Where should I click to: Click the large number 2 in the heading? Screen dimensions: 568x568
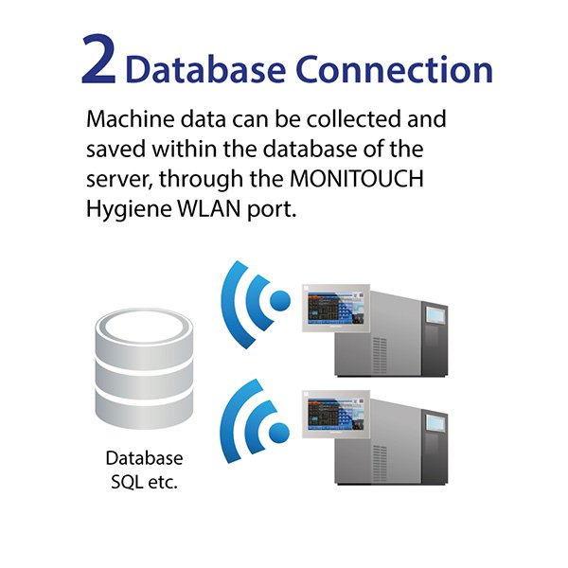click(x=98, y=60)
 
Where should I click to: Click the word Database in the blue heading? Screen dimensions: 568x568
click(x=205, y=69)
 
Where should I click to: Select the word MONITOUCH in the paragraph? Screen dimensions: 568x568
click(x=357, y=178)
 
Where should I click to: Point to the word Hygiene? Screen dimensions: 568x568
click(x=129, y=210)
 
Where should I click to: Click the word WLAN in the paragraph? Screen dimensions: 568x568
click(x=209, y=208)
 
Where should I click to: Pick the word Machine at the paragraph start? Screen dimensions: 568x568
click(x=131, y=119)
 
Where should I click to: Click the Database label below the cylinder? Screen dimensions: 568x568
click(x=144, y=458)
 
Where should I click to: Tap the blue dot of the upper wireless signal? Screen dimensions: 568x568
click(x=280, y=301)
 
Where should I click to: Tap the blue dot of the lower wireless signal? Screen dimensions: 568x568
click(x=279, y=433)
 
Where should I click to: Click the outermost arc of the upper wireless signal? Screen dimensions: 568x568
click(x=232, y=304)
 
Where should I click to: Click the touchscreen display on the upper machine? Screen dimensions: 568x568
click(x=336, y=309)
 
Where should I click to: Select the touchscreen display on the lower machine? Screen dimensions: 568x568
click(x=336, y=414)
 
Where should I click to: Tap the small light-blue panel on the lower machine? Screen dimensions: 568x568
click(x=435, y=422)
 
